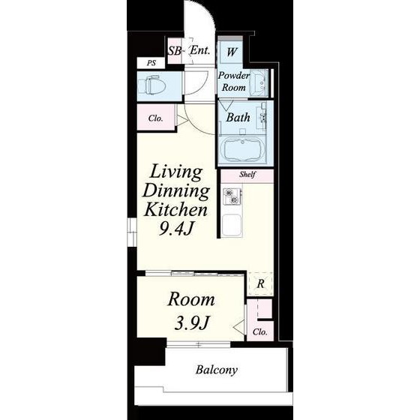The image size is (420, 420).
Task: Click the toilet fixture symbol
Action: tap(151, 85)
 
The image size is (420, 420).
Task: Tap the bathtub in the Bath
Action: tap(243, 150)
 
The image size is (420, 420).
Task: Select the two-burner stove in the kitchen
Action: tap(232, 196)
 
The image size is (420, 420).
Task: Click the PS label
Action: tap(151, 63)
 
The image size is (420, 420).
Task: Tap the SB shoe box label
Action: tap(174, 51)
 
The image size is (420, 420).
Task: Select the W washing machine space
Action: tap(232, 52)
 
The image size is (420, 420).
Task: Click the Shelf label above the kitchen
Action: tap(247, 174)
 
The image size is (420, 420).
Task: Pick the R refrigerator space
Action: tap(261, 283)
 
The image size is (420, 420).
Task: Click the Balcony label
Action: tap(217, 370)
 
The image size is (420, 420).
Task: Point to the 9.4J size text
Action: tap(175, 229)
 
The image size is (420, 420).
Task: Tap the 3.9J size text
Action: tap(191, 322)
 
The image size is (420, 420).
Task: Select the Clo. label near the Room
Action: tap(259, 332)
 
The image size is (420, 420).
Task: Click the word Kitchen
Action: tap(175, 209)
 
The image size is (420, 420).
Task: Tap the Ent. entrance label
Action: tap(199, 50)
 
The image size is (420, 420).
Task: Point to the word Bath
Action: tap(238, 117)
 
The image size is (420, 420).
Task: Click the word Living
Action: tap(175, 172)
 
